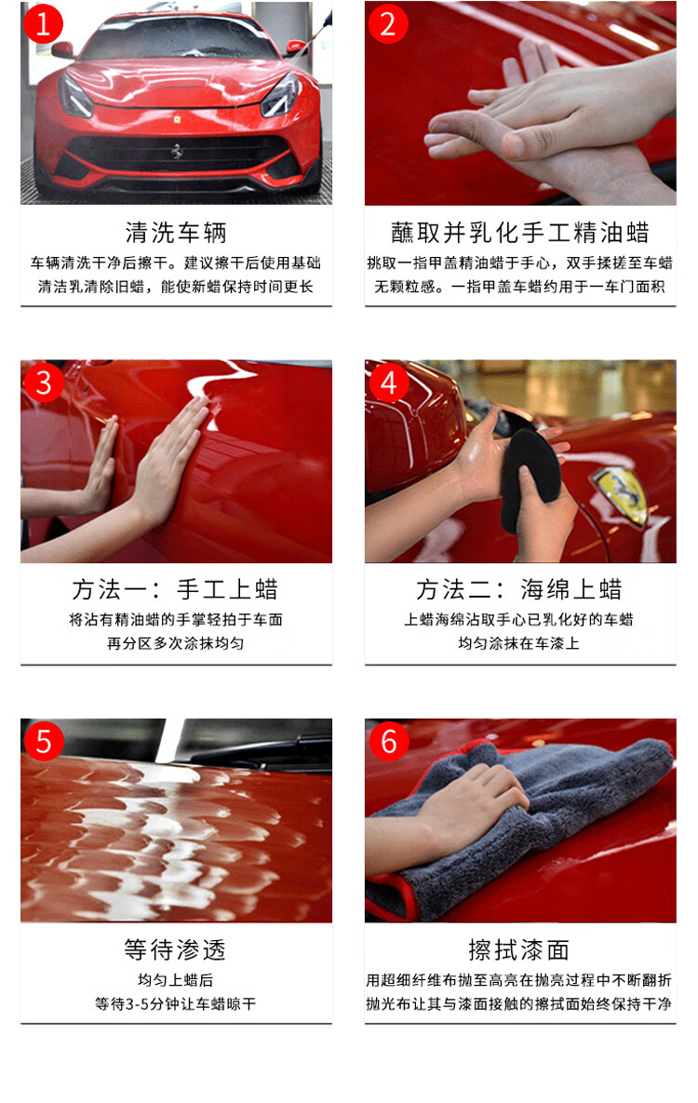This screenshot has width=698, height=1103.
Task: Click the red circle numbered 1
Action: pos(43,24)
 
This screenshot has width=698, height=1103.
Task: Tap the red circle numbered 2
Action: pos(388,24)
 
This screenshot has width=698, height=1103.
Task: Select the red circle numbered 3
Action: pos(43,383)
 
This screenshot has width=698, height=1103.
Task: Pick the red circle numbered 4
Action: pos(388,383)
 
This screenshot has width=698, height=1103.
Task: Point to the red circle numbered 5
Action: pos(44,741)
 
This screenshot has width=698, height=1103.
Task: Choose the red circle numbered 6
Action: pos(389,741)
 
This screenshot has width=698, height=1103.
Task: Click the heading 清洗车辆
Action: pos(176,232)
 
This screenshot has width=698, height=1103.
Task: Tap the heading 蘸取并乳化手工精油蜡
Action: pos(520,232)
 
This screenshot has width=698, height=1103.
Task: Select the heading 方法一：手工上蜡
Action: pos(175,589)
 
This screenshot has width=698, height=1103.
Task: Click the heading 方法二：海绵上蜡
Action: pos(519,589)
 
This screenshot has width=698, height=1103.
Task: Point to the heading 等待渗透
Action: pos(175,949)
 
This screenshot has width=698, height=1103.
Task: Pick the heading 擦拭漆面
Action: pos(519,949)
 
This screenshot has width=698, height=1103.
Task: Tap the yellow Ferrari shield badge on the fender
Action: pos(620,494)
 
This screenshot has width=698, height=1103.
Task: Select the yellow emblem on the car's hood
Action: pos(178,119)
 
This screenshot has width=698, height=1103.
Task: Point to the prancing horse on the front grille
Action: pos(178,151)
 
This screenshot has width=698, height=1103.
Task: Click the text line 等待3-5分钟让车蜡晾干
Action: pos(175,1003)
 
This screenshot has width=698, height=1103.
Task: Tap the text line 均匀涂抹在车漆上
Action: pos(519,644)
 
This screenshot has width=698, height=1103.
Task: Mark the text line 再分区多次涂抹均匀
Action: pos(175,644)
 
